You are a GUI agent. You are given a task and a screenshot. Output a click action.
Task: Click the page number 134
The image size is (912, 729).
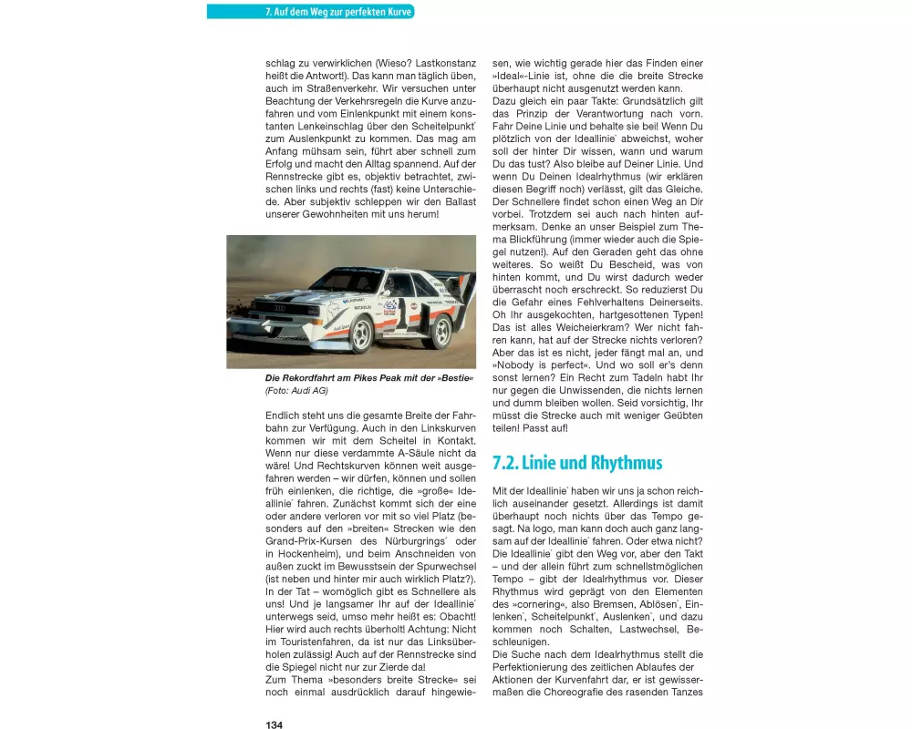274,724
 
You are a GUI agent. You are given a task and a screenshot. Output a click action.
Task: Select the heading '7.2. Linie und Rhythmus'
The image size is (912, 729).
577,463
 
